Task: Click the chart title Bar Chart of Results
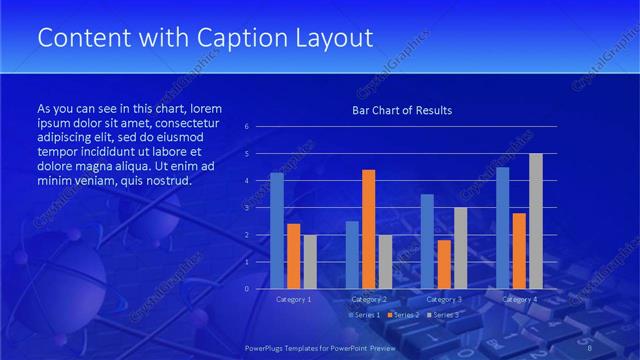coord(402,110)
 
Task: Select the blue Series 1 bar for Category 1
coord(277,230)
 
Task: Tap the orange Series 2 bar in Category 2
coord(368,228)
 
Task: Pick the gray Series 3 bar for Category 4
coord(536,220)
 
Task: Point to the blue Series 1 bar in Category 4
coord(503,227)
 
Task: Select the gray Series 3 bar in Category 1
coord(310,261)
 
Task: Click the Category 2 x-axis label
coord(368,299)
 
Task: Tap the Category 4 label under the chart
coord(519,299)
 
